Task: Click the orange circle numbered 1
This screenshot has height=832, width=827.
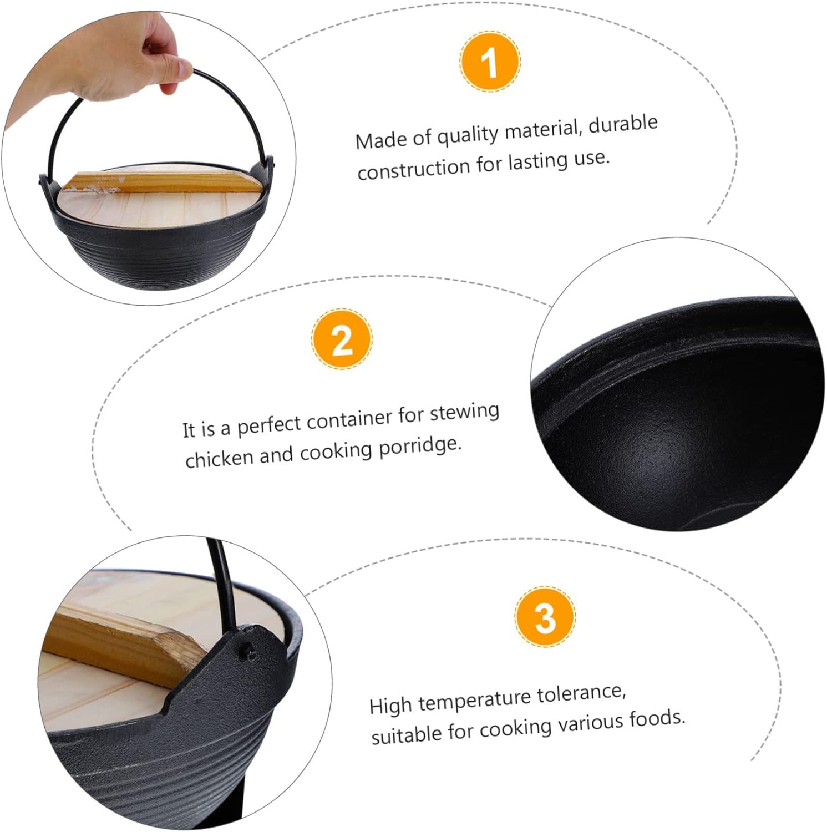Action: click(490, 62)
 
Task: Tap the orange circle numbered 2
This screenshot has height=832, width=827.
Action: click(341, 339)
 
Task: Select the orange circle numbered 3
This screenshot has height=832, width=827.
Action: click(545, 616)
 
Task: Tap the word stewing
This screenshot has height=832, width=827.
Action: click(465, 412)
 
